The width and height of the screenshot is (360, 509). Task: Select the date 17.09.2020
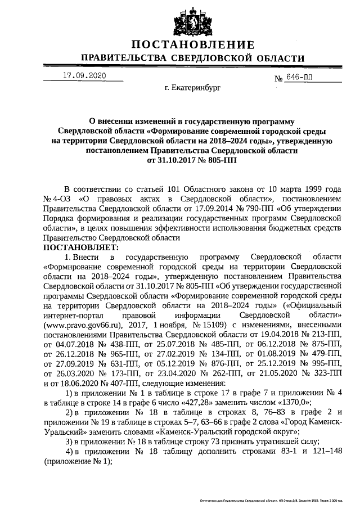84,75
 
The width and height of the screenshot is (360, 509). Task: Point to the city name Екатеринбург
193,88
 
